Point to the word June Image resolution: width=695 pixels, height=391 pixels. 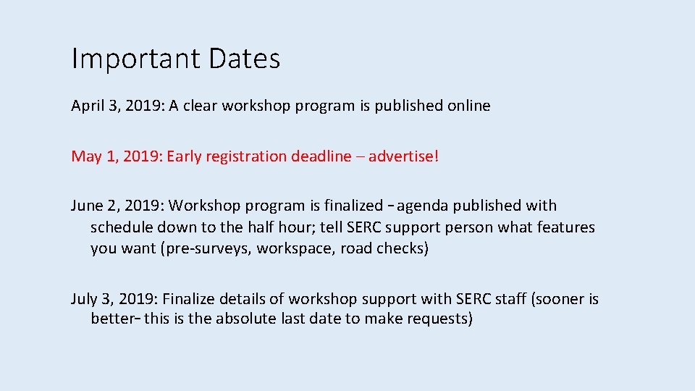point(87,206)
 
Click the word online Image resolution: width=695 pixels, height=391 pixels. point(468,106)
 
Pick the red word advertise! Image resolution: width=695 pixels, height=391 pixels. point(403,156)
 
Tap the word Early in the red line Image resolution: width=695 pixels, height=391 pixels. point(184,156)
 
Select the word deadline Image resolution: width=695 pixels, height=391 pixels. point(321,156)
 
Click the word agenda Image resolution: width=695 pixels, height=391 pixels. point(421,206)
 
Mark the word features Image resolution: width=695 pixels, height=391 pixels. point(565,227)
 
